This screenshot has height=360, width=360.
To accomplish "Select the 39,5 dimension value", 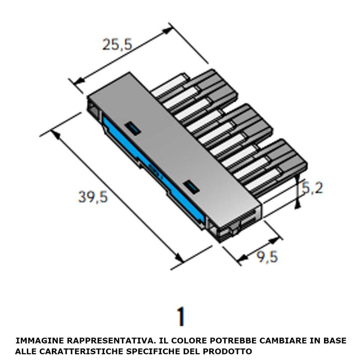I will point(93,197).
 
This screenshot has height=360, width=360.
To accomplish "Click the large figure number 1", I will point(181,316).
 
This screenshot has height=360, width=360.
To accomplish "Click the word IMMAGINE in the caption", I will point(36,341).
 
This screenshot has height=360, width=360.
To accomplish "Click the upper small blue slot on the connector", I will point(133,127).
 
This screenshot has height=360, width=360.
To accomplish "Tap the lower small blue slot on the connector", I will point(191,185).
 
